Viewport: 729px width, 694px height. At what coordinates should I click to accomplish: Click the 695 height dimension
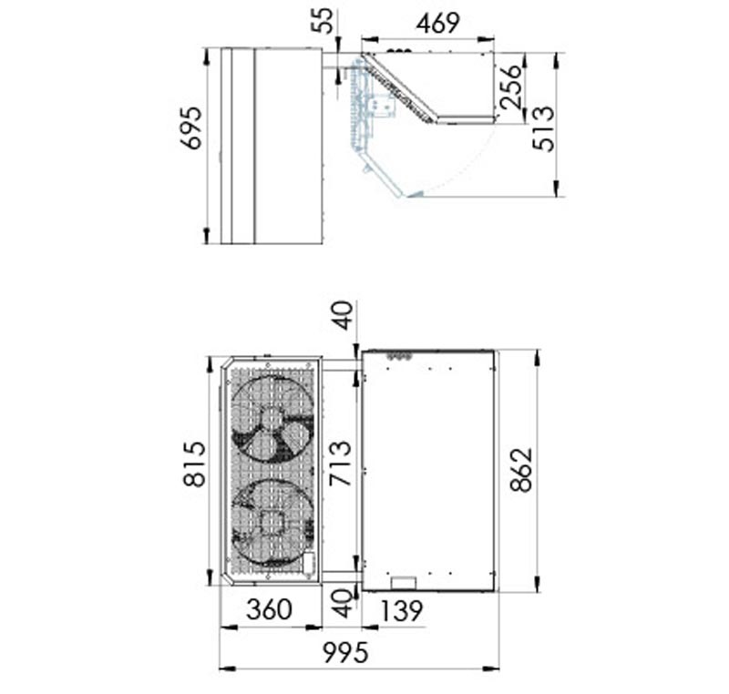pos(191,128)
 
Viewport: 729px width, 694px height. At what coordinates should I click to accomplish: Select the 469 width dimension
pos(438,25)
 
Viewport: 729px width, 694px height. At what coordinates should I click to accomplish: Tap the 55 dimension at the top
pos(323,21)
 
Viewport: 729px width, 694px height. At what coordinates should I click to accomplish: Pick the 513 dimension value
pos(543,128)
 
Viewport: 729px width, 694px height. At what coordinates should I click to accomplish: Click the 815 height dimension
pos(194,464)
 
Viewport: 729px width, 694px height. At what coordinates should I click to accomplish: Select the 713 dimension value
pos(340,464)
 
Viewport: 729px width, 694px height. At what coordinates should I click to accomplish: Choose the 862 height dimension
pos(520,470)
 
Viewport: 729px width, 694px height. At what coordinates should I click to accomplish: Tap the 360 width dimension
pos(270,610)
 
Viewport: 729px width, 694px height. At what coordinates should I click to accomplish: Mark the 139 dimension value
pos(402,611)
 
